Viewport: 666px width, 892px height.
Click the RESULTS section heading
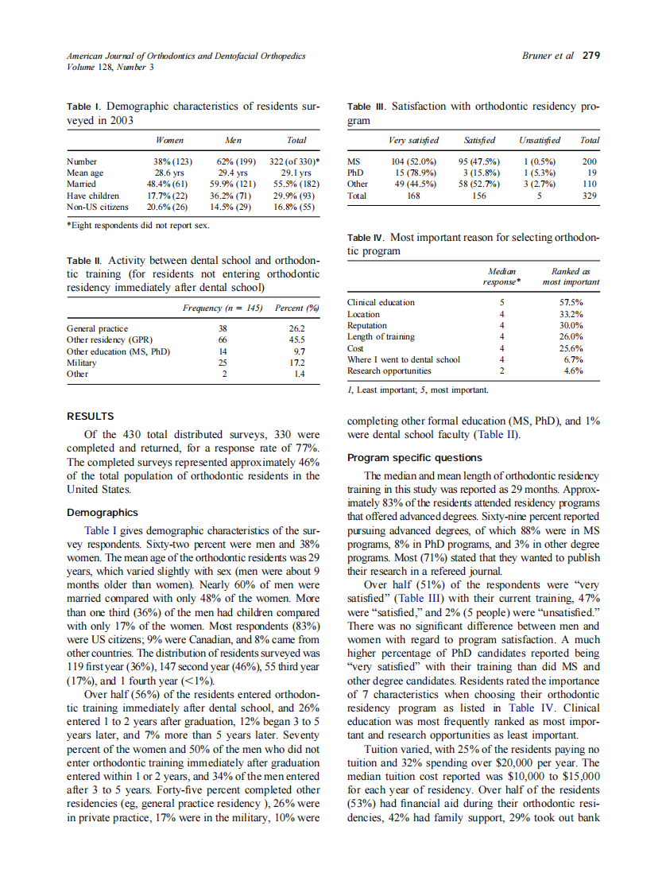tap(90, 416)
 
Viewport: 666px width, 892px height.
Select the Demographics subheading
tap(102, 513)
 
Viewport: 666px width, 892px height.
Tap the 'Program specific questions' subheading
tap(414, 457)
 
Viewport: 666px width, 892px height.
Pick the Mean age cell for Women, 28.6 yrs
tap(169, 173)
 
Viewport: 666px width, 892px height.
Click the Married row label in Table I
tap(82, 184)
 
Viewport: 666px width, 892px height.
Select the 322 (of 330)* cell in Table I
tap(290, 161)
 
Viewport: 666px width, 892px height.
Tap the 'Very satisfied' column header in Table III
tap(413, 141)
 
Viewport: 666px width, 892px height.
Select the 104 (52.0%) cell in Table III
tap(413, 161)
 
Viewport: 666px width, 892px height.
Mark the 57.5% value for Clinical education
tap(571, 303)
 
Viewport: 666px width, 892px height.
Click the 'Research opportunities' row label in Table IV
tap(389, 370)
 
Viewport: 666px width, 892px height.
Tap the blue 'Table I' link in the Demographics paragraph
tap(101, 529)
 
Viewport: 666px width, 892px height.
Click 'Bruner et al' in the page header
tap(548, 56)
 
